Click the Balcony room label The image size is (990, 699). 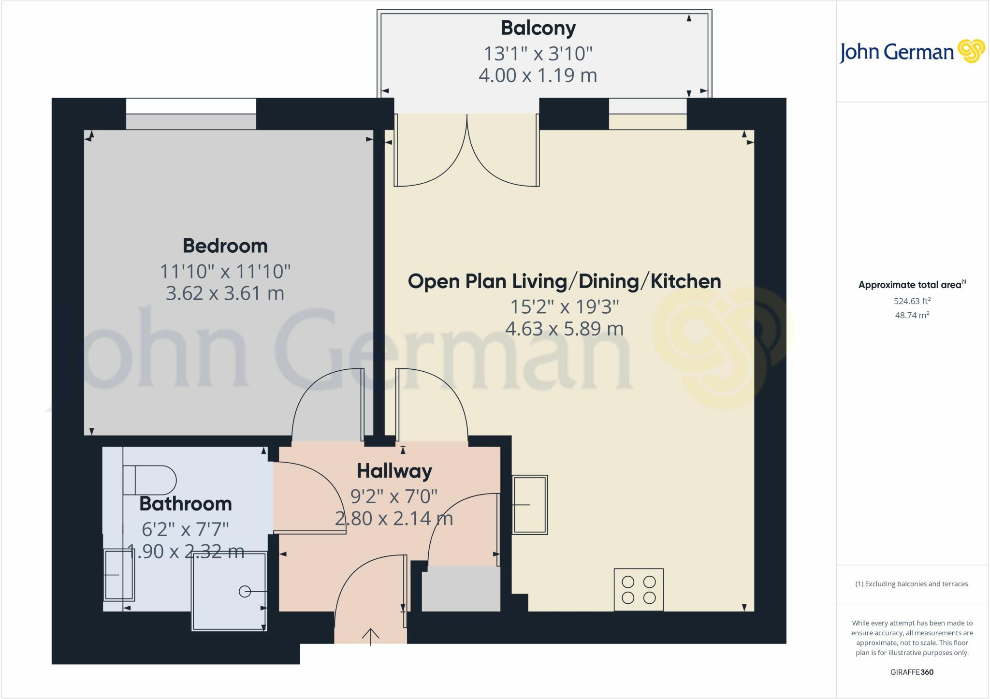[x=538, y=28]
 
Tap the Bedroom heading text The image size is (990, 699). [x=225, y=246]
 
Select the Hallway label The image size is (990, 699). [x=394, y=471]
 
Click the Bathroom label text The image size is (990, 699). [x=186, y=504]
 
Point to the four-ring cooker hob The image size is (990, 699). [x=639, y=590]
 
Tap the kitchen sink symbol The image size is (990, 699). [x=530, y=505]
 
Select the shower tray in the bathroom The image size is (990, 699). [x=229, y=591]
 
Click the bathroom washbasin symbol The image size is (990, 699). [x=118, y=575]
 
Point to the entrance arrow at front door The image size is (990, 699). [x=371, y=636]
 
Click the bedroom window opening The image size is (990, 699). [x=191, y=114]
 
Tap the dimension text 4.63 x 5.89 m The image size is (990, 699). [x=564, y=329]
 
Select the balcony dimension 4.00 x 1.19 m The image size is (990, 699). [x=538, y=75]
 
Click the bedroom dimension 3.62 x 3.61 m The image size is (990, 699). [x=225, y=293]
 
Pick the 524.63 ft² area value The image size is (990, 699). [x=912, y=301]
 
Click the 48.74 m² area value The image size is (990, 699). [x=912, y=315]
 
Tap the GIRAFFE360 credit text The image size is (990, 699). [x=912, y=672]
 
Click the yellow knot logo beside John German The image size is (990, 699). [x=971, y=51]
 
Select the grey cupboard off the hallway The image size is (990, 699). [x=461, y=589]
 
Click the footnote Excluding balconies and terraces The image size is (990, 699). [x=912, y=584]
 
